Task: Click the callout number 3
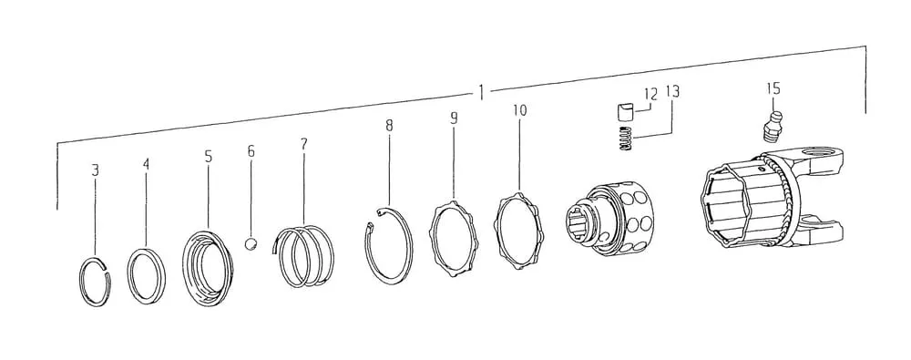pyautogui.click(x=96, y=170)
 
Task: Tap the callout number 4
pyautogui.click(x=146, y=164)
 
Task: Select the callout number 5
pyautogui.click(x=208, y=157)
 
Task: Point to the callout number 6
pyautogui.click(x=251, y=151)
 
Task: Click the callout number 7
pyautogui.click(x=304, y=144)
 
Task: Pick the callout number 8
pyautogui.click(x=389, y=125)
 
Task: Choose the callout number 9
pyautogui.click(x=454, y=118)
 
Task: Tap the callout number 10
pyautogui.click(x=520, y=110)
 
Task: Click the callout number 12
pyautogui.click(x=650, y=93)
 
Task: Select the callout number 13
pyautogui.click(x=672, y=91)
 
